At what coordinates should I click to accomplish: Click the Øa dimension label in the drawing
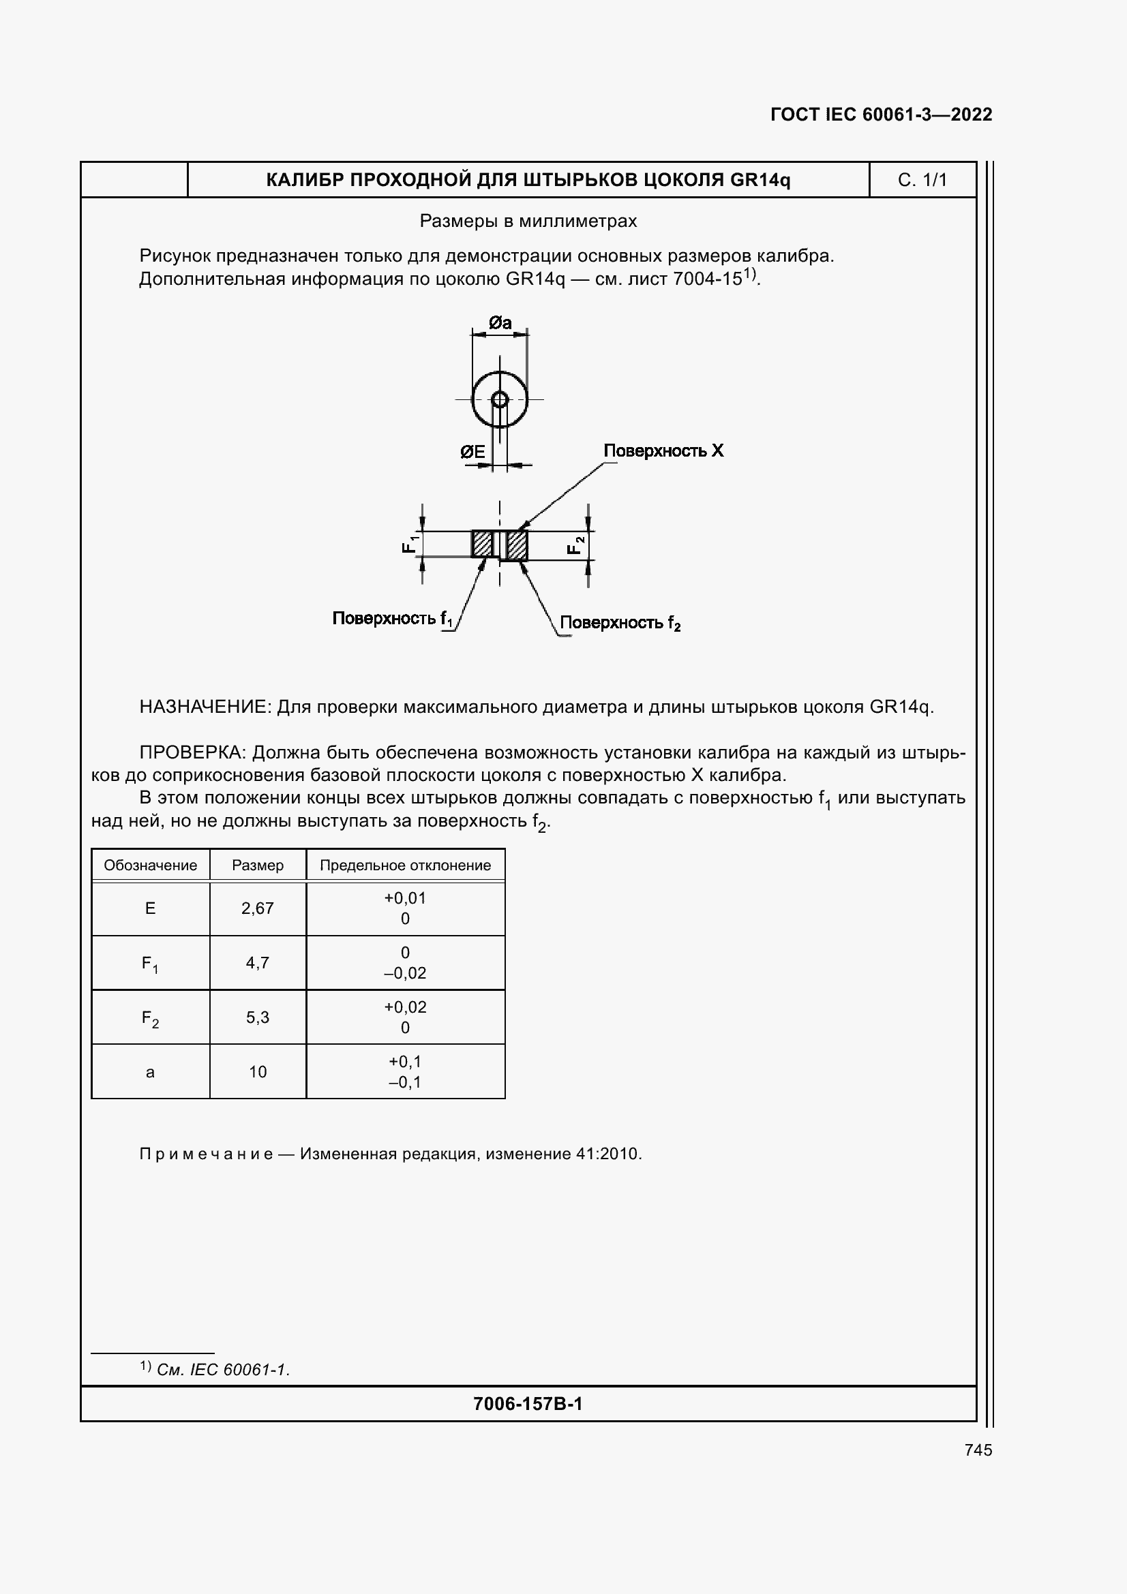(500, 323)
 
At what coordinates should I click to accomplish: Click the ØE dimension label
(473, 453)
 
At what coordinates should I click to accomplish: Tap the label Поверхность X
(663, 450)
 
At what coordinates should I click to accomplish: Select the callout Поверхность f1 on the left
(392, 619)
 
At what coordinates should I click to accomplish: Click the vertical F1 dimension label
(410, 545)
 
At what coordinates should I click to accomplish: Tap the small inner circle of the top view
(500, 399)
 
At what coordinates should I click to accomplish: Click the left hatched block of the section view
(482, 544)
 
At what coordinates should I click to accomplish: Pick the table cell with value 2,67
(258, 908)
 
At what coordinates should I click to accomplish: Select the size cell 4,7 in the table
(258, 963)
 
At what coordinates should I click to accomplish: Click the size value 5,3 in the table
(258, 1017)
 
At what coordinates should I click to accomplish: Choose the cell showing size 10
(258, 1072)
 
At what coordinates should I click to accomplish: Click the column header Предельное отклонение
(405, 865)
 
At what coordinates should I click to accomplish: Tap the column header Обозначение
(150, 865)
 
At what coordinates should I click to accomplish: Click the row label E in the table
(150, 908)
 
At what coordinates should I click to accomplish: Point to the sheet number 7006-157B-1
(528, 1404)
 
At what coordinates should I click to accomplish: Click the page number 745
(978, 1450)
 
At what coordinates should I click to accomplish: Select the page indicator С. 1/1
(922, 180)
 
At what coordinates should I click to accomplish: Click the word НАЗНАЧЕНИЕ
(204, 707)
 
